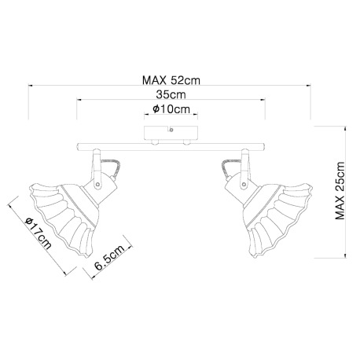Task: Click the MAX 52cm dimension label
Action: coord(171,80)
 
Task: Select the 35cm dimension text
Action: coord(171,94)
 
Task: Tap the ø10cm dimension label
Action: coord(171,109)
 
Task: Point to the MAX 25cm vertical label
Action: coord(340,191)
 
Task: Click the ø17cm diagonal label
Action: coord(39,233)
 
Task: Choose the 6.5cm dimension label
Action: coord(109,258)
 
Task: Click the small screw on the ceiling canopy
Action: coord(171,130)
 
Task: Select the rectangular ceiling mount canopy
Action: coord(171,134)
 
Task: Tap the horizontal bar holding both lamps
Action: coord(171,147)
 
